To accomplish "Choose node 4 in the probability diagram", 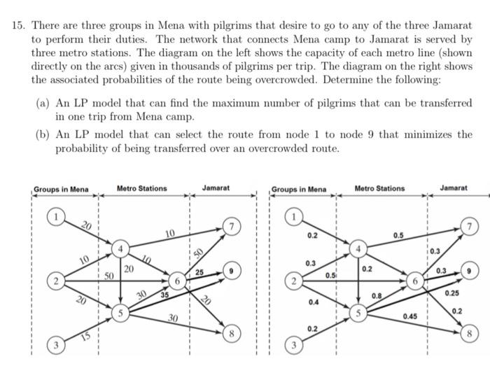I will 359,248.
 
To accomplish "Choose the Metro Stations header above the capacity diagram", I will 141,188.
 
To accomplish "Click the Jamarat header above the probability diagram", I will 454,188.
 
